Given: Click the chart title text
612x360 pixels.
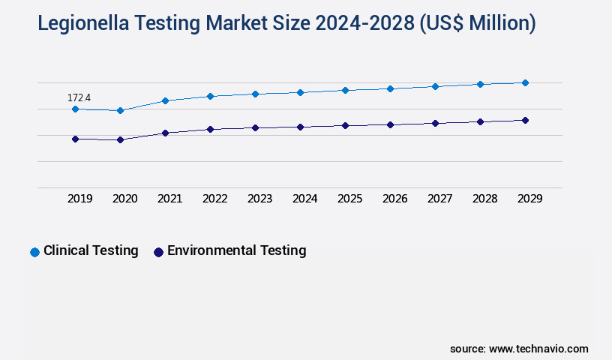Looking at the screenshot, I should tap(286, 23).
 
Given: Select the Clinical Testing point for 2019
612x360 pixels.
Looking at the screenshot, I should tap(75, 109).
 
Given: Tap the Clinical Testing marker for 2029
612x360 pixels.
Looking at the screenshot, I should tap(525, 82).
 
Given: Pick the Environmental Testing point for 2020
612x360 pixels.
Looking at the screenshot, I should tap(120, 139).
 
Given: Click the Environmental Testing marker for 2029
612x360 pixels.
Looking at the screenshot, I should tap(525, 120).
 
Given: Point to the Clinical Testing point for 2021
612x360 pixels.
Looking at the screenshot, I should tap(165, 100).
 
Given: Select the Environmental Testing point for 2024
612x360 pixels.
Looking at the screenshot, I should tap(300, 127).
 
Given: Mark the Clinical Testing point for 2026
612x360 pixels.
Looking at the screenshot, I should tap(390, 88).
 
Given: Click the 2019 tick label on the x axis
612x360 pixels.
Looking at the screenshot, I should tap(80, 199).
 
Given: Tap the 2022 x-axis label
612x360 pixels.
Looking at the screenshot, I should tap(215, 199).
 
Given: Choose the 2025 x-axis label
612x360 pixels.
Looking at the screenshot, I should tap(350, 199).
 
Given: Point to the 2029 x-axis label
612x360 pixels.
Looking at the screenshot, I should tap(529, 199).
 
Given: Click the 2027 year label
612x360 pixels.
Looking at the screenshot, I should tap(440, 199).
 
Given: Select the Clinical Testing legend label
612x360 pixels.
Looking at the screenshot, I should tap(91, 250).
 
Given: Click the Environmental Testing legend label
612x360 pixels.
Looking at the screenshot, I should tap(236, 250).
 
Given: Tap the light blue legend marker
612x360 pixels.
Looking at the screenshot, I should tap(34, 252).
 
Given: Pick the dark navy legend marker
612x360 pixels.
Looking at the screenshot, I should tap(158, 252).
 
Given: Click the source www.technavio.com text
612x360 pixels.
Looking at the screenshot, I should tap(519, 349).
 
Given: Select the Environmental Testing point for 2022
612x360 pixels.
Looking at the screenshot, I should tap(210, 129).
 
